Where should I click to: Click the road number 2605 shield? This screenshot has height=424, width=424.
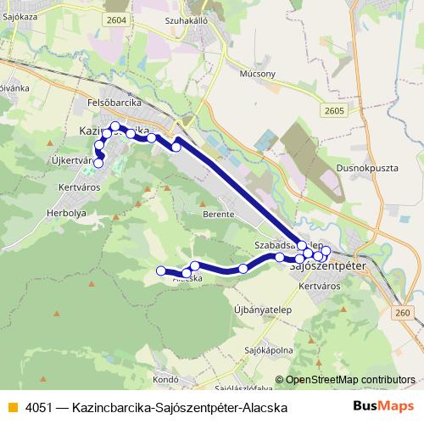tap(334, 109)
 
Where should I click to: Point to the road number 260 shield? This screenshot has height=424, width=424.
tap(402, 313)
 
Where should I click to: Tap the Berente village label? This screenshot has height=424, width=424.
tap(218, 215)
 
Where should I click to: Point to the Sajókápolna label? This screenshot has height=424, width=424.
tap(269, 349)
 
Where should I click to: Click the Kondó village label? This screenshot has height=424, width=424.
tap(166, 379)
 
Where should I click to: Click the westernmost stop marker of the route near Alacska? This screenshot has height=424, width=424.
tap(160, 271)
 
